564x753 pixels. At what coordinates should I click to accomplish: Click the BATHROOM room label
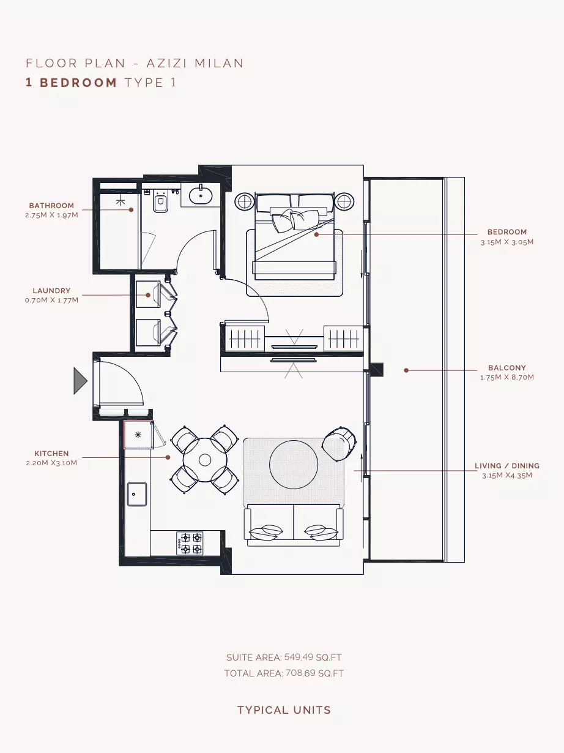click(51, 206)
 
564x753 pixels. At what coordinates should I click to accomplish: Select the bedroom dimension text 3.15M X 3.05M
click(506, 242)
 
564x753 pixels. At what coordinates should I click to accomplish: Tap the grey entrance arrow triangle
click(81, 381)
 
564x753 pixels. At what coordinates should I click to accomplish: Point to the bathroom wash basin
click(201, 195)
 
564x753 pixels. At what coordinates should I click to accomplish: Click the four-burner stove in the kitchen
click(190, 543)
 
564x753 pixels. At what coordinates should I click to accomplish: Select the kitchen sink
click(137, 494)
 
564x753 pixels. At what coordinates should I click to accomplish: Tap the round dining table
click(205, 460)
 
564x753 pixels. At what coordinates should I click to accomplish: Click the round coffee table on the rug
click(293, 465)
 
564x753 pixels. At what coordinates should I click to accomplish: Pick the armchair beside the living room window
click(340, 444)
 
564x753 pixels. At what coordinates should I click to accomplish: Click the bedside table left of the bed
click(244, 201)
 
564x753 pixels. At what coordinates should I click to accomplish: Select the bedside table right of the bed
click(344, 201)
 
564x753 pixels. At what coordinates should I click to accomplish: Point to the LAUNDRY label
click(52, 291)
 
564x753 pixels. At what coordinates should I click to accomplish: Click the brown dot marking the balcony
click(406, 370)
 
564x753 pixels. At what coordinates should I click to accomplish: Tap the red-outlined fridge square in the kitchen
click(138, 435)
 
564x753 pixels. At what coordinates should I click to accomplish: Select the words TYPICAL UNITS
click(284, 710)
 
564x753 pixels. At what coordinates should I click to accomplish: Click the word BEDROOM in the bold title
click(78, 83)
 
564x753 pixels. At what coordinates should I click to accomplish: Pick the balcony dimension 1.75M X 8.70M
click(506, 377)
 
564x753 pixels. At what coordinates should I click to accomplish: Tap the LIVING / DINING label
click(506, 466)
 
